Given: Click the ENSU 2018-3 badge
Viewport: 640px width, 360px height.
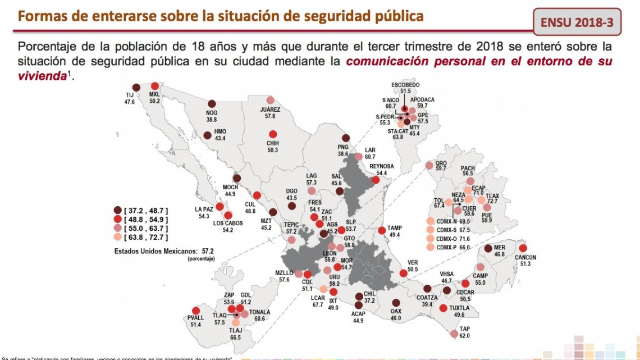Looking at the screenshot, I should pyautogui.click(x=577, y=22).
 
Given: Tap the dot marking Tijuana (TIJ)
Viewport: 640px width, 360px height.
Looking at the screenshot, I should pyautogui.click(x=136, y=87).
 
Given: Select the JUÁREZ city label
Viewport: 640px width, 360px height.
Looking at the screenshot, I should pyautogui.click(x=271, y=110).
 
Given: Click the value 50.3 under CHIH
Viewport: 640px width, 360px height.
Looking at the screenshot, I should pyautogui.click(x=273, y=150).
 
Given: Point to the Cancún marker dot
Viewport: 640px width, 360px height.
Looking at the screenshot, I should pyautogui.click(x=523, y=248).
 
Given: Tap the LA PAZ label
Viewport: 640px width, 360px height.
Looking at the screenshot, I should pyautogui.click(x=203, y=209).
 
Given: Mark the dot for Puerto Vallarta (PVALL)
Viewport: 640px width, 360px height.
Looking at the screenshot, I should pyautogui.click(x=196, y=311).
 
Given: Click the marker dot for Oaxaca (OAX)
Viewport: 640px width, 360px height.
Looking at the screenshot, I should pyautogui.click(x=396, y=303).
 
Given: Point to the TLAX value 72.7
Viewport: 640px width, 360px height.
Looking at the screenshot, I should pyautogui.click(x=492, y=201).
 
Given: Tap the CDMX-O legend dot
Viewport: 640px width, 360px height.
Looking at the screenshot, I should pyautogui.click(x=431, y=239).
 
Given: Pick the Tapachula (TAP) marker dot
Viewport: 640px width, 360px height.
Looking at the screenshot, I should pyautogui.click(x=454, y=334).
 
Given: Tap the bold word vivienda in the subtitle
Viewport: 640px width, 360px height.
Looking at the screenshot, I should pyautogui.click(x=42, y=75).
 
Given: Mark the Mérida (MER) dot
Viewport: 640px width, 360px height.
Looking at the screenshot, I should pyautogui.click(x=488, y=248).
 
